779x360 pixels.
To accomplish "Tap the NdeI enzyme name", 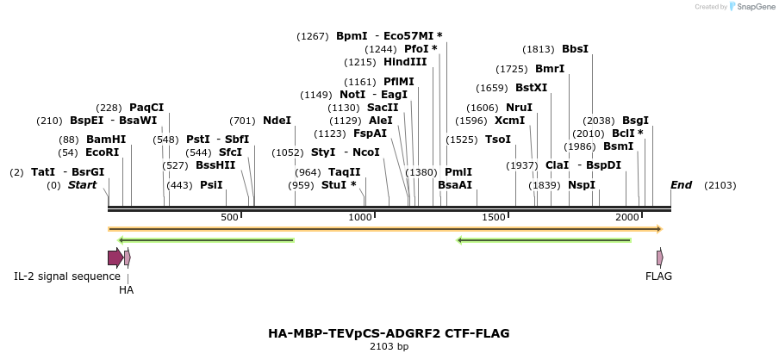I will pos(277,121).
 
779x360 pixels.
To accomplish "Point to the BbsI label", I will pos(575,49).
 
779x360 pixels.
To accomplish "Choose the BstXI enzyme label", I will pos(531,88).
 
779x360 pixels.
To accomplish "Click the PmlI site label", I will pos(458,172).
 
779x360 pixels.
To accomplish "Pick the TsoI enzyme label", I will pos(498,140).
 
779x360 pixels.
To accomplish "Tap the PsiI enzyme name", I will pos(211,185).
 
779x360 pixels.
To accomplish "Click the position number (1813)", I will pos(539,49).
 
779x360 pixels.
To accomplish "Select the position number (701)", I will pos(243,121).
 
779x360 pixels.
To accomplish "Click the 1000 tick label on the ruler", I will pos(360,218).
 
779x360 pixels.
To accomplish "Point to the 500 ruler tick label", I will pos(229,218).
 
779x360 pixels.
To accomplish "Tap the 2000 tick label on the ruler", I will pos(626,218).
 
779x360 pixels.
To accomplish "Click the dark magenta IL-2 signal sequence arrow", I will pos(115,258).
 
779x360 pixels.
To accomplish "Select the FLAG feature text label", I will pos(658,276).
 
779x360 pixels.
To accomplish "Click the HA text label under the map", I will pos(126,290).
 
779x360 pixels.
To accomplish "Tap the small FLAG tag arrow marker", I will pos(660,258).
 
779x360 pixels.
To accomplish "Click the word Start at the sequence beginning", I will pos(82,185).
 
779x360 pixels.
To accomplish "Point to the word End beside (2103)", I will pos(681,185).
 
